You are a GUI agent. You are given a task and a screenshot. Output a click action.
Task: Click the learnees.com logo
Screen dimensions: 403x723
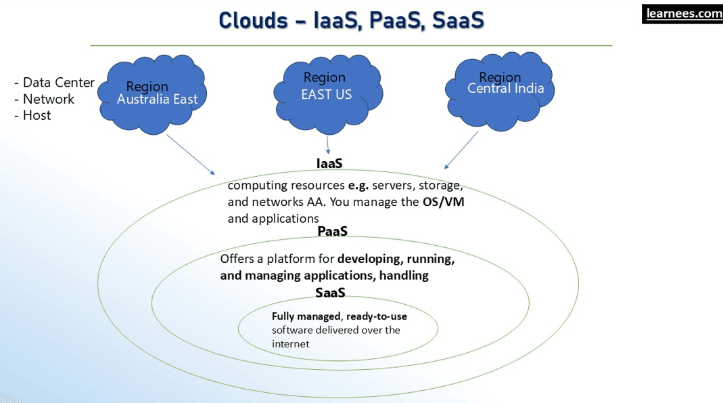coord(682,14)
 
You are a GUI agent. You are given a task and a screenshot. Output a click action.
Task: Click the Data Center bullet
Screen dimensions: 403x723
coord(54,83)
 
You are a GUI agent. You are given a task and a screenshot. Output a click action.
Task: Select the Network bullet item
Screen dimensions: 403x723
coord(44,99)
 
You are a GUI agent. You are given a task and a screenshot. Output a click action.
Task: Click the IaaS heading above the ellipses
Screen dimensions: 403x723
coord(329,164)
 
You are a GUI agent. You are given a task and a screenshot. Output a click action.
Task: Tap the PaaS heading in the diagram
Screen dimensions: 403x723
coord(332,232)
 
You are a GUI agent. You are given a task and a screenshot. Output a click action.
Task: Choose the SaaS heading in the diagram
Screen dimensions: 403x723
coord(330,293)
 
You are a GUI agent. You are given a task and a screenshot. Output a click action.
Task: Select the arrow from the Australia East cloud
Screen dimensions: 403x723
coord(189,154)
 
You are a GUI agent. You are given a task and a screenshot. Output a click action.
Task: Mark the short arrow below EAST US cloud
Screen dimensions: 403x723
coord(328,144)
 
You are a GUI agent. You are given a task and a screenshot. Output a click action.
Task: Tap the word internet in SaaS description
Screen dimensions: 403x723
coord(290,343)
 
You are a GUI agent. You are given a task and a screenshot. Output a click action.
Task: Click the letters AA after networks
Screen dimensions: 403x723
coord(319,202)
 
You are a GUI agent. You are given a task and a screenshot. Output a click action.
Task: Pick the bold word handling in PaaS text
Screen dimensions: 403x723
coord(404,276)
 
